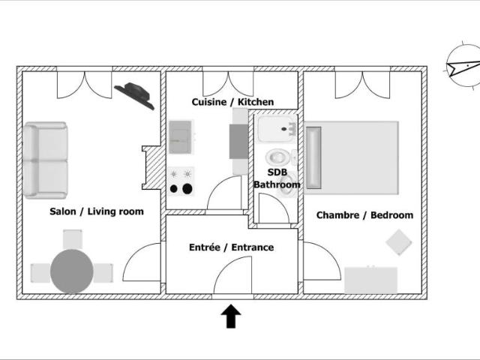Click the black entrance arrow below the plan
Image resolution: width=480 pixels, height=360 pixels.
[231, 316]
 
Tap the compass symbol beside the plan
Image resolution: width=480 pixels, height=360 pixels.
[463, 65]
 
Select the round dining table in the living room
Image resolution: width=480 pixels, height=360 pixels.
[72, 271]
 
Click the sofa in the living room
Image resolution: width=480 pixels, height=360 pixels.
[45, 160]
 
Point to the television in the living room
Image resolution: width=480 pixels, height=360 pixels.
[134, 95]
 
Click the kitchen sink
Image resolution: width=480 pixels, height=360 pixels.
[180, 137]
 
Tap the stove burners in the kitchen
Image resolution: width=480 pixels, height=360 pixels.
[181, 181]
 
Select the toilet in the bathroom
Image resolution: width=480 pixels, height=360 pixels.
[278, 157]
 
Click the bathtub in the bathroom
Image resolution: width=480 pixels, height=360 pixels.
[277, 129]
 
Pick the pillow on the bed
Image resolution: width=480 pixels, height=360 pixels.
[313, 157]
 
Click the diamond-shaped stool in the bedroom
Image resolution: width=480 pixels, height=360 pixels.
[398, 242]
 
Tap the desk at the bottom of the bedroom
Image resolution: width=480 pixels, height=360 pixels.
[370, 280]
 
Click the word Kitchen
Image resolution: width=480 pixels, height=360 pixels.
[256, 102]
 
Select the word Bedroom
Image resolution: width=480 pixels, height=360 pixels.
[391, 215]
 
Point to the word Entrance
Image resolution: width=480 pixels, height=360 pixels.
[253, 247]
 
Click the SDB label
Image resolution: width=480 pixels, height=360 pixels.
[277, 172]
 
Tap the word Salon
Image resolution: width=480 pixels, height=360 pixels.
[63, 211]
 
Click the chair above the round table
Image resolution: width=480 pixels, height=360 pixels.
[73, 239]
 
